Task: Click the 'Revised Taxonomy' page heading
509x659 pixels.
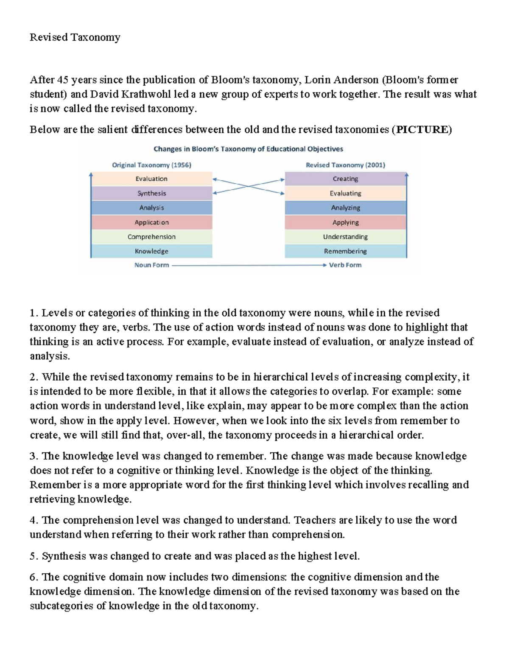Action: (75, 37)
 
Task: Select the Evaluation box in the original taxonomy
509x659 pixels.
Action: (151, 179)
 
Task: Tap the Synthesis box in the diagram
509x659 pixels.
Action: (151, 193)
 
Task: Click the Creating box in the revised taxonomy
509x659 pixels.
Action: (345, 179)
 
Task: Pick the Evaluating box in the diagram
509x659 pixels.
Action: (345, 193)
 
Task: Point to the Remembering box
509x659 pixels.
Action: (345, 251)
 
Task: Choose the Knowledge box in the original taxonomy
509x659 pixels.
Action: (151, 251)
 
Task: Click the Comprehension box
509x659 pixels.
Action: (151, 237)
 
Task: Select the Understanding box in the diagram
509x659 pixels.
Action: (345, 237)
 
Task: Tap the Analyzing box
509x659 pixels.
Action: (345, 208)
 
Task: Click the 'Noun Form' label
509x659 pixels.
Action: (151, 265)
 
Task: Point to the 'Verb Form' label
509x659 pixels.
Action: (345, 265)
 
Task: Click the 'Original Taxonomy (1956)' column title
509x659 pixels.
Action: (151, 165)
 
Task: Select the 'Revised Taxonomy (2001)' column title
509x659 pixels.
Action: (345, 165)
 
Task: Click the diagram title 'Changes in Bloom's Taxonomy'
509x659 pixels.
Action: (248, 149)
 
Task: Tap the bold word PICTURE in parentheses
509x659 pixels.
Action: (422, 129)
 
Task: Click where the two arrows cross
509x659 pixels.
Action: (248, 186)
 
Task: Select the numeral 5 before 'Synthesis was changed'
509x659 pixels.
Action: (32, 556)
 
